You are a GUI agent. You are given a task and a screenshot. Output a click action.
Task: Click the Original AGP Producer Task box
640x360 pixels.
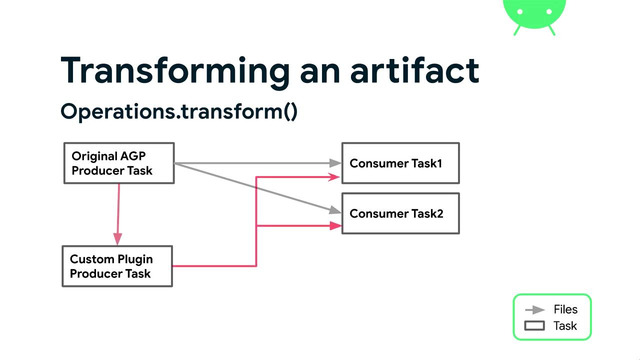[118, 163]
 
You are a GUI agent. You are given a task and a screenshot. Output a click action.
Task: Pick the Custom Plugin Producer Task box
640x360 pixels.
[118, 266]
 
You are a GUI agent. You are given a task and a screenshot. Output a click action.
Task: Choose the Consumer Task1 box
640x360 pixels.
[400, 162]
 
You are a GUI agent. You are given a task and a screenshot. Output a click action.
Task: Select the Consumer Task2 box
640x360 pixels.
[400, 214]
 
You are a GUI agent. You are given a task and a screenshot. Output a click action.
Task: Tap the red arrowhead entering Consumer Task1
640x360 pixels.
[335, 178]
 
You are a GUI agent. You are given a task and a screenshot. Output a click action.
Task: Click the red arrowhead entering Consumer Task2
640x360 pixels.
[335, 226]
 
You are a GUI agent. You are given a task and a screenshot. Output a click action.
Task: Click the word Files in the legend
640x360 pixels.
[565, 310]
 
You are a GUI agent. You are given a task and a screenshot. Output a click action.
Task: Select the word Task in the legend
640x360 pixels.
[565, 326]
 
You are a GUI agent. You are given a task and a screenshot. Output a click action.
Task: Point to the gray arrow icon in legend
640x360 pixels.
[534, 310]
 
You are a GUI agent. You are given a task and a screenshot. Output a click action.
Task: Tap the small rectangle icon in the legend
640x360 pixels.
[534, 326]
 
